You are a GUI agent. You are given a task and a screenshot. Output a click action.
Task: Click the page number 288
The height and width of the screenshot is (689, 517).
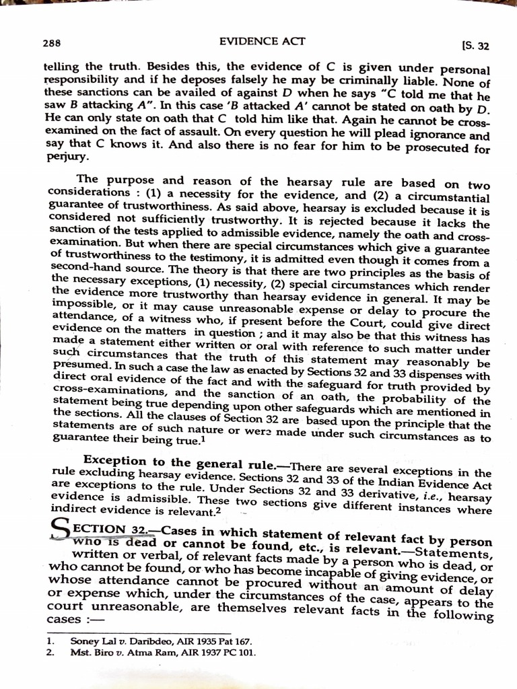[x=51, y=43]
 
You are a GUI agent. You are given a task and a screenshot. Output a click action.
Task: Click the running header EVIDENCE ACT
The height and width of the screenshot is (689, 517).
[x=263, y=42]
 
